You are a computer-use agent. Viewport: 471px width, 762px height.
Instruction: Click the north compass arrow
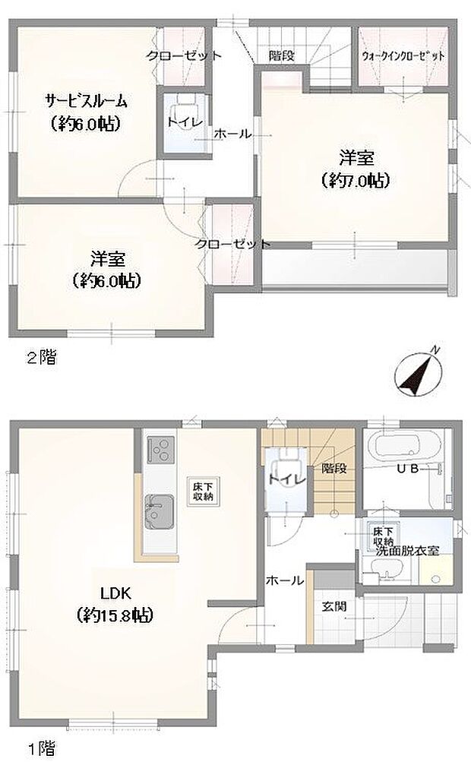(417, 372)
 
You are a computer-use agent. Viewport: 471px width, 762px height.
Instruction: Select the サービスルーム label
(86, 100)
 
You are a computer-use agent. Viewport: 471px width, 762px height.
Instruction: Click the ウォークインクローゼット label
(403, 56)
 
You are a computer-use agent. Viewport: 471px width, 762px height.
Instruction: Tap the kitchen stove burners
(160, 450)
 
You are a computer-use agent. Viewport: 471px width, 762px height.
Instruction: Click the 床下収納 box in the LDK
(202, 491)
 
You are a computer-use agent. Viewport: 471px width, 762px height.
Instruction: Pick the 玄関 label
(333, 606)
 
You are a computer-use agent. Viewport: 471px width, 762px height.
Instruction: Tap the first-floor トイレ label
(286, 479)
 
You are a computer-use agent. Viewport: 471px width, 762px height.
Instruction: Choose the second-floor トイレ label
(185, 122)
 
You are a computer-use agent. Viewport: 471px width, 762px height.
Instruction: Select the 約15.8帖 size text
(114, 615)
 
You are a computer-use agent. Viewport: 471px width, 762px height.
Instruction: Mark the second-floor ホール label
(232, 134)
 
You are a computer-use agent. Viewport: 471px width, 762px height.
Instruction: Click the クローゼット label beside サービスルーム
(185, 55)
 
